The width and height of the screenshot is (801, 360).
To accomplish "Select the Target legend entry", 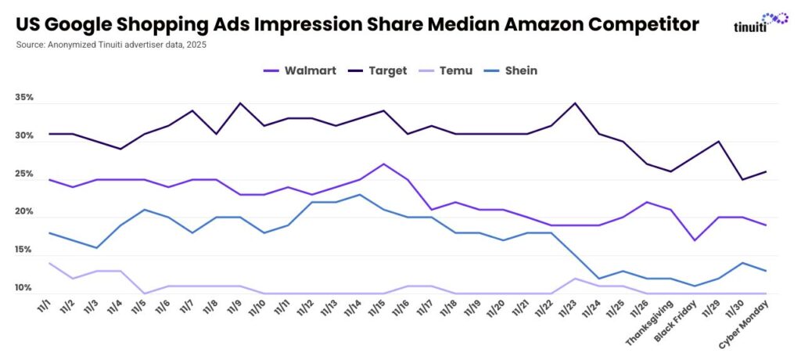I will pyautogui.click(x=378, y=70).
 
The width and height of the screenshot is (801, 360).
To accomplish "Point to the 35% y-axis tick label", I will pyautogui.click(x=24, y=99).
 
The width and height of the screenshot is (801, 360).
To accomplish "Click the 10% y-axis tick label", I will pyautogui.click(x=24, y=289).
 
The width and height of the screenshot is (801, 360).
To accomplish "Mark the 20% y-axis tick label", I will pyautogui.click(x=24, y=213).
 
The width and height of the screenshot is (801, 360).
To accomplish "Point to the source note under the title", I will pyautogui.click(x=113, y=45).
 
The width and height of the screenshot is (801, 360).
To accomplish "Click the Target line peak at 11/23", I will pyautogui.click(x=576, y=103).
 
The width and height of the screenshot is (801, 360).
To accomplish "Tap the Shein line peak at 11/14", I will pyautogui.click(x=359, y=194).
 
